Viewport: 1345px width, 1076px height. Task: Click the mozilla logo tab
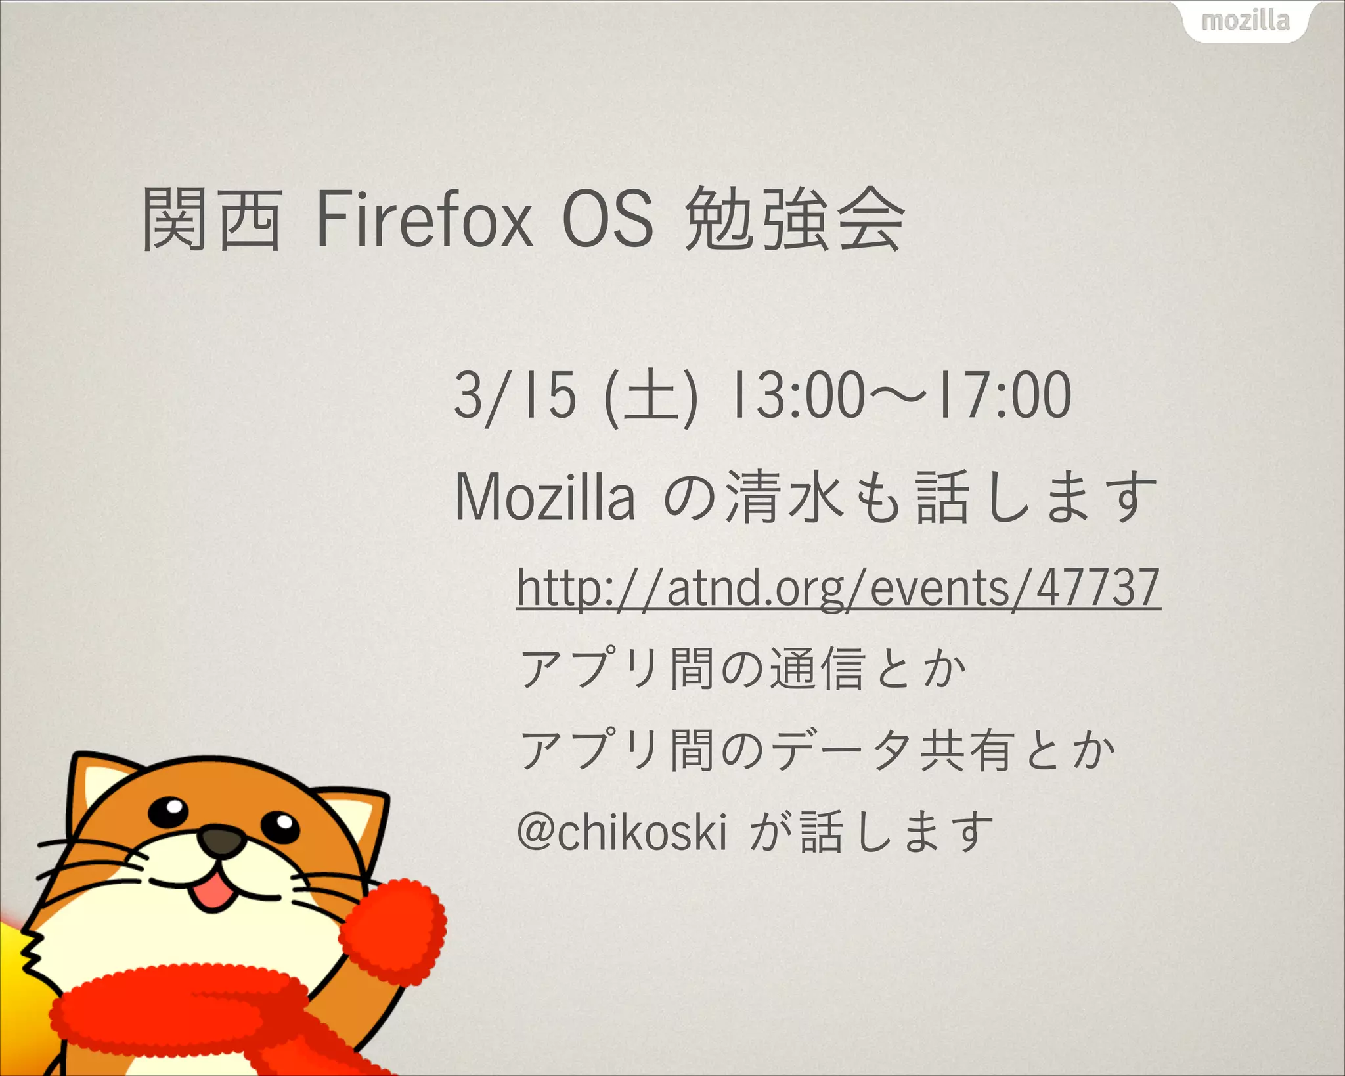coord(1245,21)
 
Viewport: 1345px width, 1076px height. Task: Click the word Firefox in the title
coord(424,219)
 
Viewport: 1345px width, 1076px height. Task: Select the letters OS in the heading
coord(607,219)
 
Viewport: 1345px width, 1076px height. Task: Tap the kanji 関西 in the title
coord(212,219)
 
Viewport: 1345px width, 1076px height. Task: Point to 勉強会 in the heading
coord(795,219)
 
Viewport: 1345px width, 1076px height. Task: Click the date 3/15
coord(515,395)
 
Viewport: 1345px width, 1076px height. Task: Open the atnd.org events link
coord(838,588)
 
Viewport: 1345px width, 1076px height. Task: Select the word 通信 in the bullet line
coord(816,669)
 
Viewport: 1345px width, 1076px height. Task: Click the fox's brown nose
coord(221,840)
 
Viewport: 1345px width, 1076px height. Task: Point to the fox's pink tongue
coord(213,894)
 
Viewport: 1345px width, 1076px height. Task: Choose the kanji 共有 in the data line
coord(965,750)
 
